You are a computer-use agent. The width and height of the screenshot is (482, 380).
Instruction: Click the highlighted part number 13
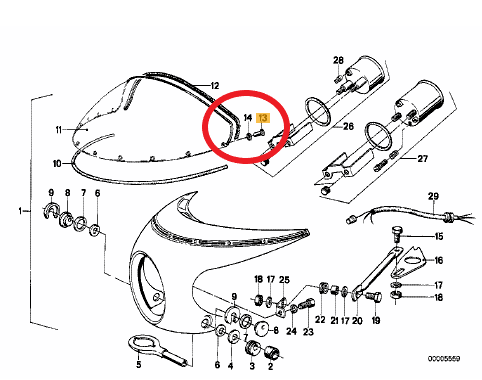(x=263, y=118)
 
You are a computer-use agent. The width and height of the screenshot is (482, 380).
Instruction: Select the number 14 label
(x=248, y=118)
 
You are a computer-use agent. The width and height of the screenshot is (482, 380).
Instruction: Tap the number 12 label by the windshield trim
(x=215, y=86)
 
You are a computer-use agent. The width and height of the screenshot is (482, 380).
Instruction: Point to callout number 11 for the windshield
(x=59, y=130)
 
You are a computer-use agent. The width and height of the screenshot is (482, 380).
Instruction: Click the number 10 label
(x=57, y=164)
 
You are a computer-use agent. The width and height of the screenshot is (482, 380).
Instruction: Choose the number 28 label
(x=338, y=60)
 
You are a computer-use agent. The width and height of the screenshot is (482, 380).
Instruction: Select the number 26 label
(x=348, y=126)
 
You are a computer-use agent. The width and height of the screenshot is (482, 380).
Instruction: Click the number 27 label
(x=422, y=158)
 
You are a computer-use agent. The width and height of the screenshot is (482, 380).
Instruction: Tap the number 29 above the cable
(x=433, y=196)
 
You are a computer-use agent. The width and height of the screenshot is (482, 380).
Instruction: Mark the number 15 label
(x=439, y=237)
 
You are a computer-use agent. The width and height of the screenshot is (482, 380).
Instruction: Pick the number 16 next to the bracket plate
(x=439, y=260)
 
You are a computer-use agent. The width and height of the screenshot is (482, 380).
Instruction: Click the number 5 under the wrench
(x=139, y=364)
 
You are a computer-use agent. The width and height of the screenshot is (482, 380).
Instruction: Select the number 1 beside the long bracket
(x=20, y=211)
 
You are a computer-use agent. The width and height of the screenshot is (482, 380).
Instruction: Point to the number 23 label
(x=308, y=331)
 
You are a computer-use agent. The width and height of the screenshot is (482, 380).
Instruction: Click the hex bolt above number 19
(x=374, y=296)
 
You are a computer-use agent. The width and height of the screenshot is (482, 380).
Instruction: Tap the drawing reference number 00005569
(x=444, y=359)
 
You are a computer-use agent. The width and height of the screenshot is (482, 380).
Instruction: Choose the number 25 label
(x=284, y=279)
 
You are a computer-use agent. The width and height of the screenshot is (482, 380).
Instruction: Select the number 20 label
(x=357, y=320)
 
